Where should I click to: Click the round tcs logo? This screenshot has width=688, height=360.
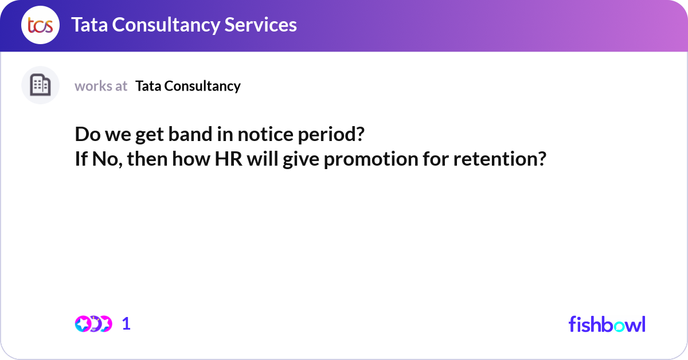[40, 25]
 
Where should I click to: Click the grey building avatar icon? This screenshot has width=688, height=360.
[40, 85]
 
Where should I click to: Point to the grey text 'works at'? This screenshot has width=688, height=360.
[101, 86]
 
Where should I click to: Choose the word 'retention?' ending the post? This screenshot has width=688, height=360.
[498, 159]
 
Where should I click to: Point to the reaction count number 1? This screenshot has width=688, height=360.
[126, 324]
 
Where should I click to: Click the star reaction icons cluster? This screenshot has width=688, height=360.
[93, 324]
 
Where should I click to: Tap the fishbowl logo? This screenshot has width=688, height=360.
[607, 324]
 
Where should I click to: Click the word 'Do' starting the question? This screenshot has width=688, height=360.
[86, 135]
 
